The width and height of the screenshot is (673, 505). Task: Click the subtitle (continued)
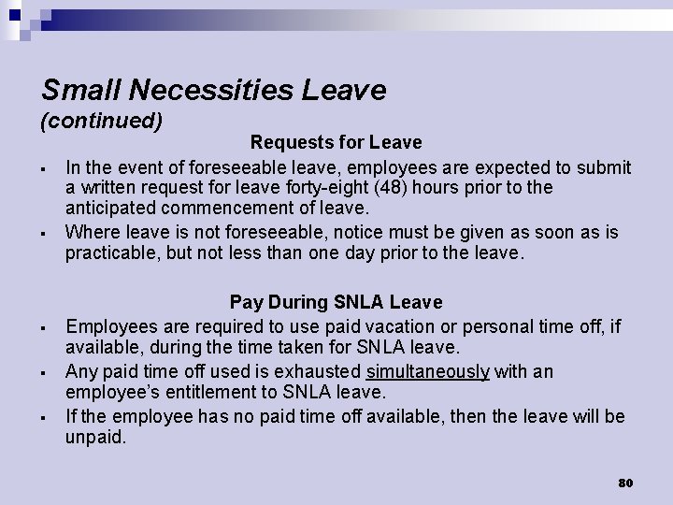point(102,121)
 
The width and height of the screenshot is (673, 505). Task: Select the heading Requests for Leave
point(336,143)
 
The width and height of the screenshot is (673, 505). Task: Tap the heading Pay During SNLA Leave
point(336,302)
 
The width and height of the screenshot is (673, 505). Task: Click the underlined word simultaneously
point(427,371)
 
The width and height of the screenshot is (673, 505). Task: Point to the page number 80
point(625,483)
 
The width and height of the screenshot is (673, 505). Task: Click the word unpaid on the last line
point(94,437)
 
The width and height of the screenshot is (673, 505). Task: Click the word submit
point(604,167)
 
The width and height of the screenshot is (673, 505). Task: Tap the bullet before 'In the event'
point(45,169)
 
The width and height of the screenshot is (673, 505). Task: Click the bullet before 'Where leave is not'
point(45,233)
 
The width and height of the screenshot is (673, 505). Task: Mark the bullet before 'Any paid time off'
point(45,373)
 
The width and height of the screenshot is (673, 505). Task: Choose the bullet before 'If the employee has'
point(45,418)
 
